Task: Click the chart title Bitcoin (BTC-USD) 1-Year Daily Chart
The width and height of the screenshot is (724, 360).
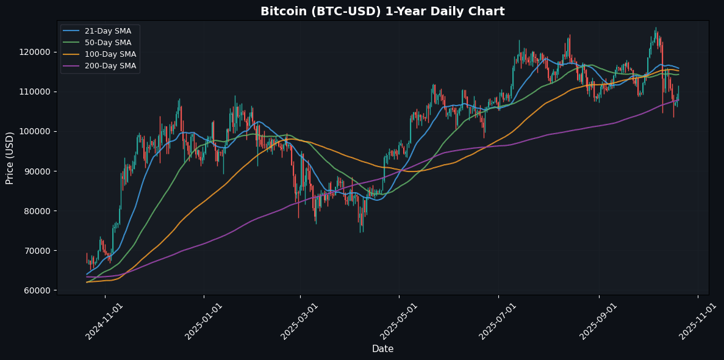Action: (x=382, y=12)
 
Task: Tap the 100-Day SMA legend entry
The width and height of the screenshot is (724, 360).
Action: (x=110, y=54)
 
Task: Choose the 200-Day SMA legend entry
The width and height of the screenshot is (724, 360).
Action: (x=110, y=66)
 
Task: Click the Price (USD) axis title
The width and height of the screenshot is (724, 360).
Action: (x=10, y=157)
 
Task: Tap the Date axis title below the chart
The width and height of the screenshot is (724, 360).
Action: (x=382, y=349)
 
